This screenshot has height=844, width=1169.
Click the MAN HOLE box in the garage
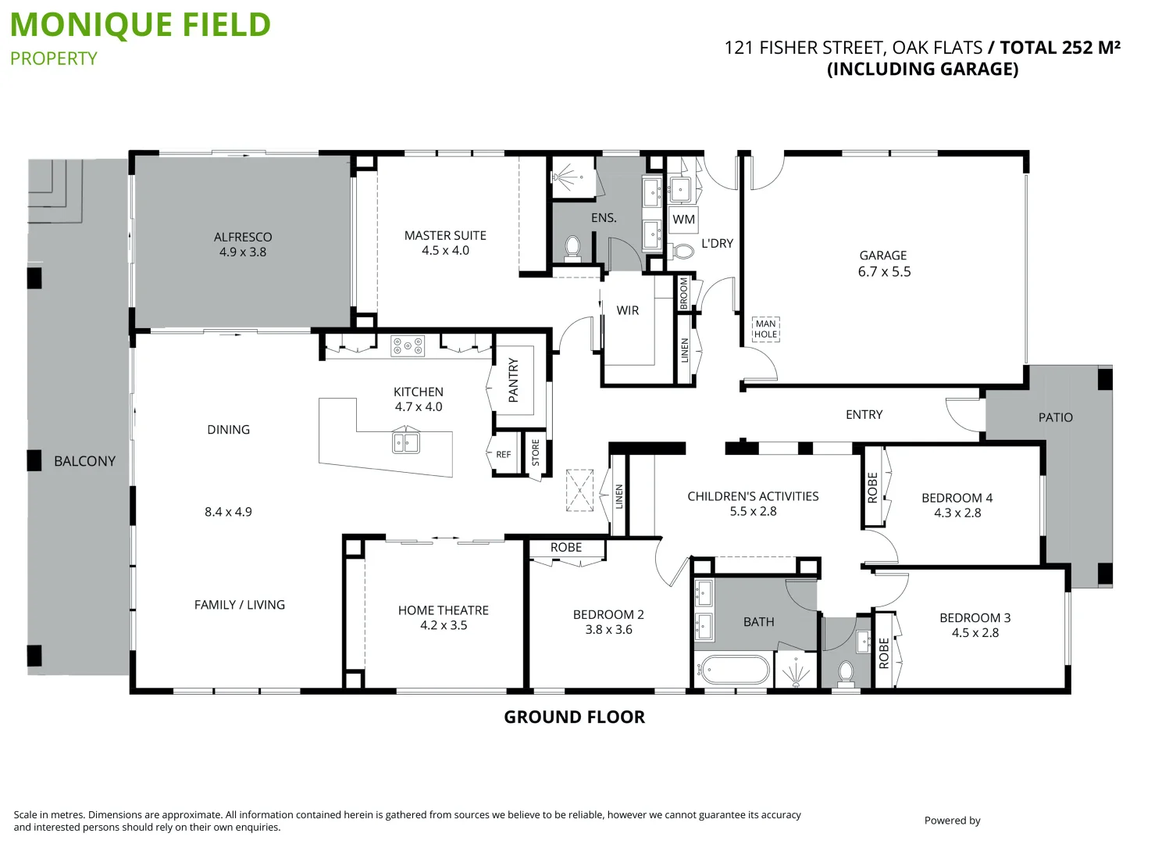click(x=765, y=329)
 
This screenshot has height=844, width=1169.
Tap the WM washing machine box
click(x=683, y=220)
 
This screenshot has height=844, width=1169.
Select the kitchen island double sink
click(x=405, y=443)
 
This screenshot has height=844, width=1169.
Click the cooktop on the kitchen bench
click(x=408, y=345)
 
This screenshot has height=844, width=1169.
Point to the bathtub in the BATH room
click(x=735, y=671)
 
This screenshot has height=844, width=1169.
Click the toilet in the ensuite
click(x=572, y=248)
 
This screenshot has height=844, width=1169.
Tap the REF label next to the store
click(x=504, y=455)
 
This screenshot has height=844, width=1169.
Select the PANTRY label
click(x=513, y=380)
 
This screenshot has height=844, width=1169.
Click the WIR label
click(x=627, y=310)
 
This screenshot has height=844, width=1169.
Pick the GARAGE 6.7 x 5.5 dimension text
click(x=884, y=272)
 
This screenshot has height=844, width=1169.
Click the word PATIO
click(x=1055, y=417)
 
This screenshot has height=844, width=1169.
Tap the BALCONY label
click(x=84, y=461)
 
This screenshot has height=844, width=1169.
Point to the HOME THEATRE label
click(x=443, y=610)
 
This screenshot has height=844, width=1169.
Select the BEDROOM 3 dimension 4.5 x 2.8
click(x=975, y=633)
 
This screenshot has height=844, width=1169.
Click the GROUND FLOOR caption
click(x=574, y=717)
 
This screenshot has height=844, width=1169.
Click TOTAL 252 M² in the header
click(x=1060, y=48)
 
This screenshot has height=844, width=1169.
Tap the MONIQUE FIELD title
click(x=141, y=25)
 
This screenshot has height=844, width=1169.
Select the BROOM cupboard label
click(x=684, y=293)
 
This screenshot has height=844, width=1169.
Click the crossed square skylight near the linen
click(x=579, y=490)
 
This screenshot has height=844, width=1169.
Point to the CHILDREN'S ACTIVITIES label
click(x=753, y=496)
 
